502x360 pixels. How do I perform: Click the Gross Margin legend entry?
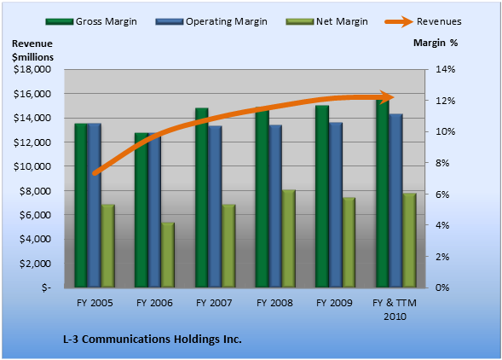(91, 21)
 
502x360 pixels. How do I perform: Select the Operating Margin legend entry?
(211, 21)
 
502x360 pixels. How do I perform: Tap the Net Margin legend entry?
(327, 21)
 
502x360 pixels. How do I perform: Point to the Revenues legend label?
(439, 21)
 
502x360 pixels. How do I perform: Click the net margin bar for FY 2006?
(168, 255)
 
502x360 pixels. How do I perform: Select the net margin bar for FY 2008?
(289, 239)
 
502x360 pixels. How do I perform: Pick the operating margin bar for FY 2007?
(215, 206)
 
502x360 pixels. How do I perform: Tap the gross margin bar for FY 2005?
(81, 206)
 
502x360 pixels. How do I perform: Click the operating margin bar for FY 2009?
(336, 205)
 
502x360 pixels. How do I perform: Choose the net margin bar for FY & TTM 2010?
(409, 241)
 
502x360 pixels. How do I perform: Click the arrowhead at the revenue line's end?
(388, 96)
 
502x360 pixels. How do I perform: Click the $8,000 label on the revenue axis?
(35, 191)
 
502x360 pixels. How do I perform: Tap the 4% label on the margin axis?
(442, 225)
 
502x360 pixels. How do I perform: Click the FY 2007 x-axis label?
(214, 303)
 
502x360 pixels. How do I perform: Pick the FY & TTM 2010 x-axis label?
(395, 310)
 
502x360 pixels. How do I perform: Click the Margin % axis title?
(436, 43)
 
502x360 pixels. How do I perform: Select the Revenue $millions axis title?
(32, 50)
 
